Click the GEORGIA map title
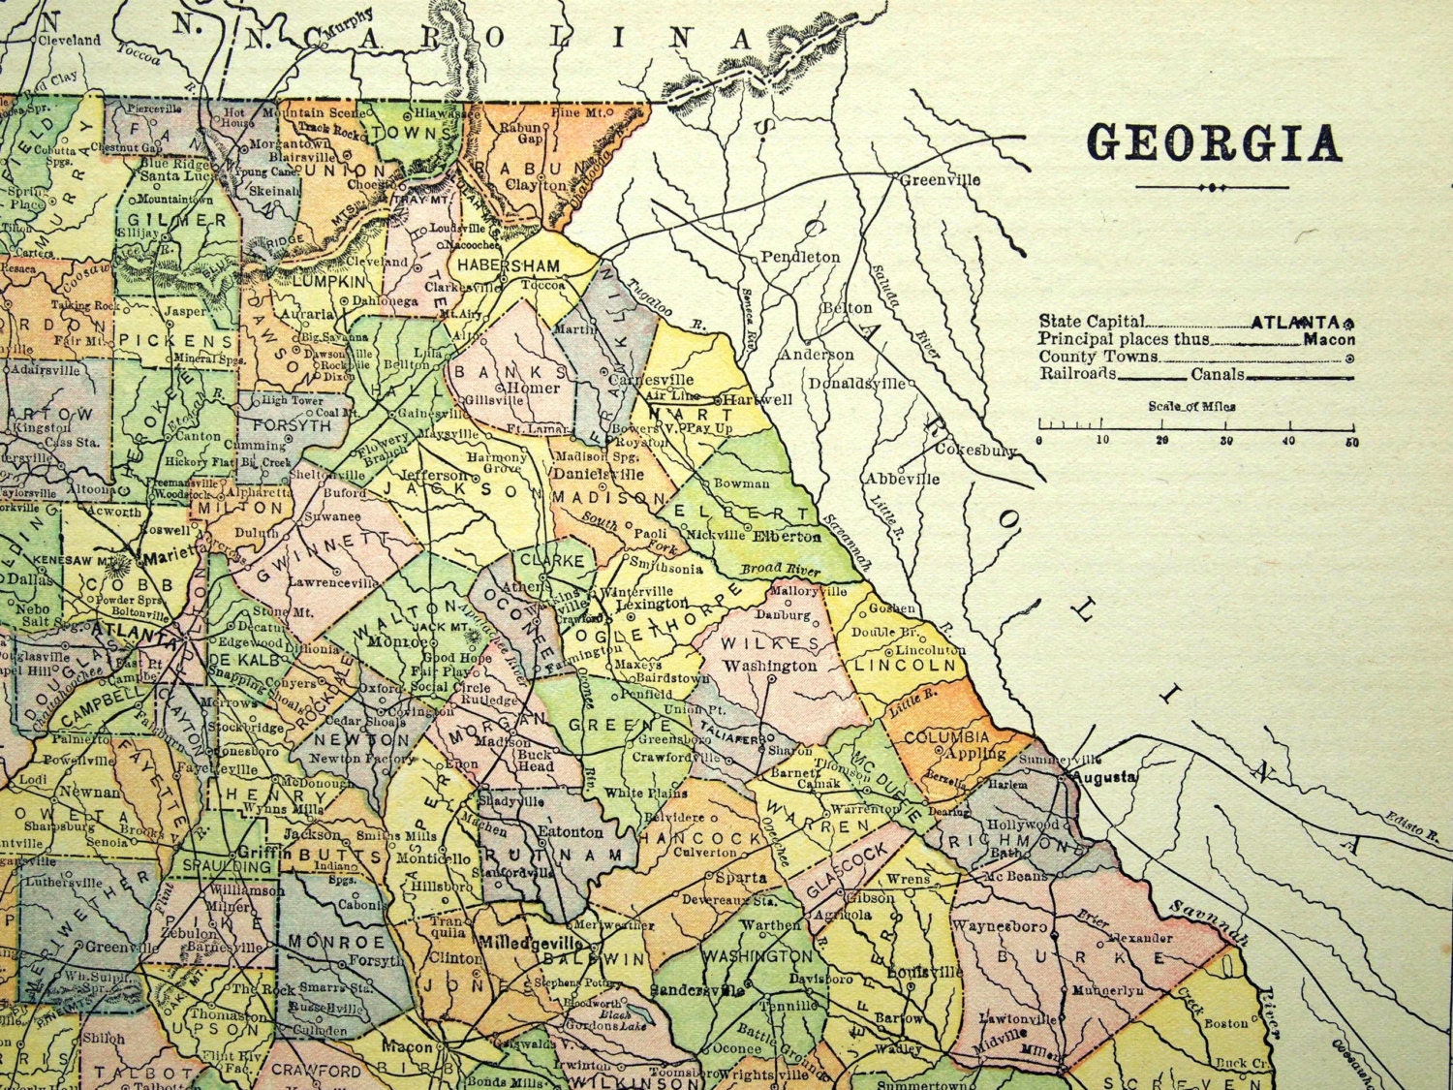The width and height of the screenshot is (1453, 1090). coord(1216,142)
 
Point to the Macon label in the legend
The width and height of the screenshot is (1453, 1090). coord(1329,339)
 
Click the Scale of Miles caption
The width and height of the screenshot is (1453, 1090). coord(1191,406)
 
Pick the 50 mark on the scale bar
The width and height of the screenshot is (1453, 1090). coord(1350,442)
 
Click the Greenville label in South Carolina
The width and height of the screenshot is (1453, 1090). coord(939,179)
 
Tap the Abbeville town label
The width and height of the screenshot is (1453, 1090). coord(902,479)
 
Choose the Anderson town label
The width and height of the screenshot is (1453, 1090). coord(819,355)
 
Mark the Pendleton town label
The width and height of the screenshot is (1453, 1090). coord(800,257)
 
